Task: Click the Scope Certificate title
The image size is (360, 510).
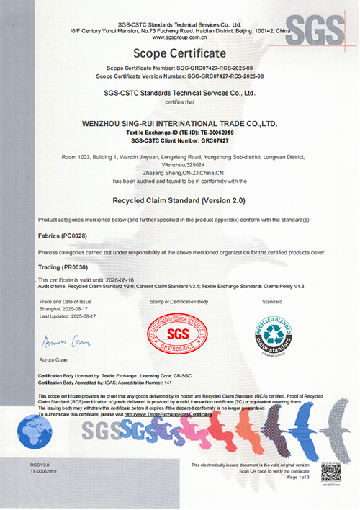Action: (x=180, y=53)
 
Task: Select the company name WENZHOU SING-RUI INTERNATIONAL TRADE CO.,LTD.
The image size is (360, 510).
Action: (x=180, y=124)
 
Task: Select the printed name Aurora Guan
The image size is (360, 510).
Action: (x=52, y=358)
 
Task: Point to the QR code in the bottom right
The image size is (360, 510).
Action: (x=330, y=473)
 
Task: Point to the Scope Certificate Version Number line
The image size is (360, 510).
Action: (x=180, y=75)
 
